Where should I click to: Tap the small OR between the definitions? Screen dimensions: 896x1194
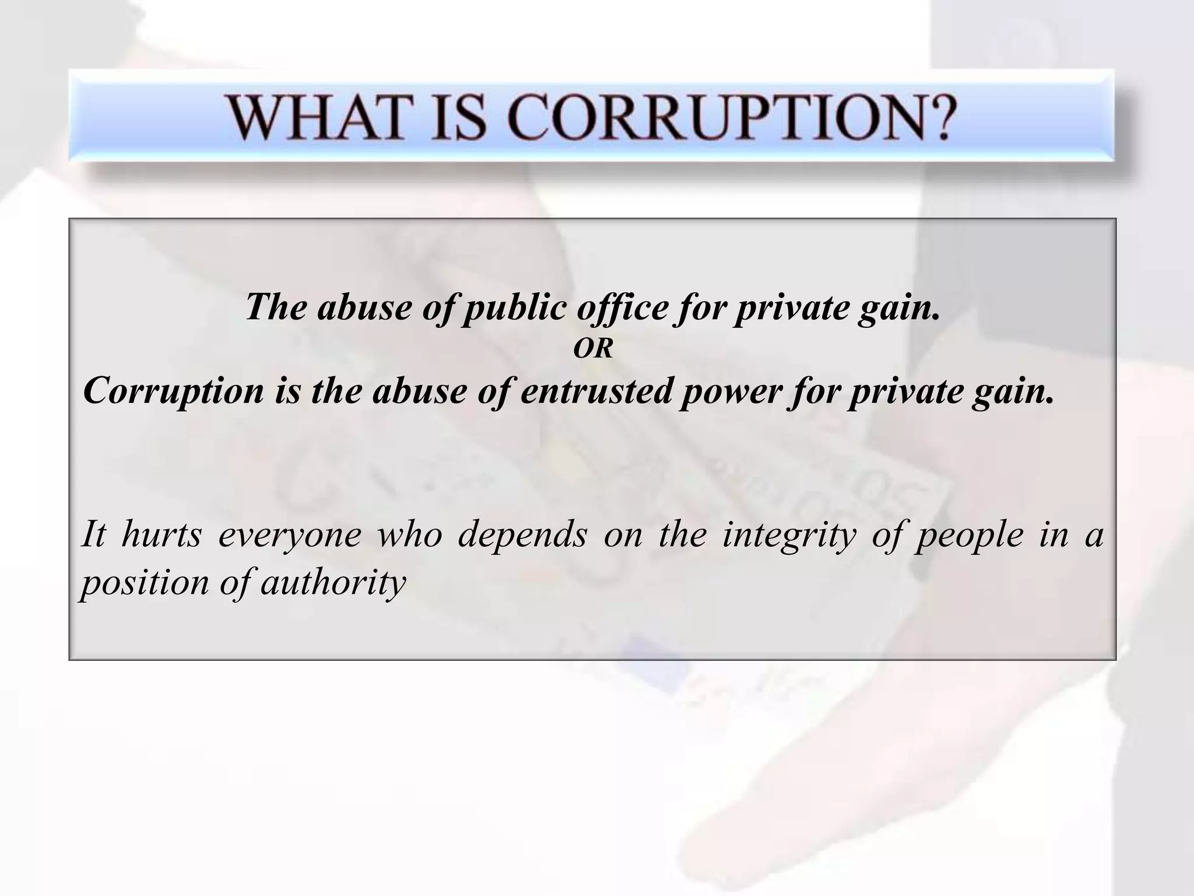(x=593, y=349)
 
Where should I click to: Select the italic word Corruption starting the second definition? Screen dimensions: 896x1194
(x=173, y=391)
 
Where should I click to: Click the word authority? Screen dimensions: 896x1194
(x=333, y=583)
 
